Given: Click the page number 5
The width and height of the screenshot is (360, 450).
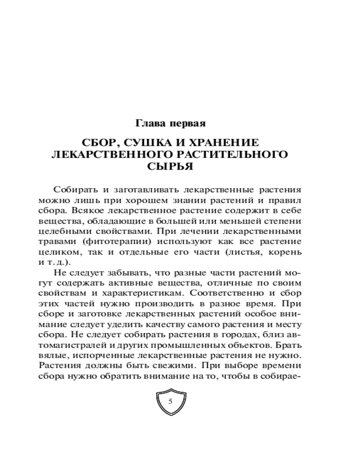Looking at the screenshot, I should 171,401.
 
